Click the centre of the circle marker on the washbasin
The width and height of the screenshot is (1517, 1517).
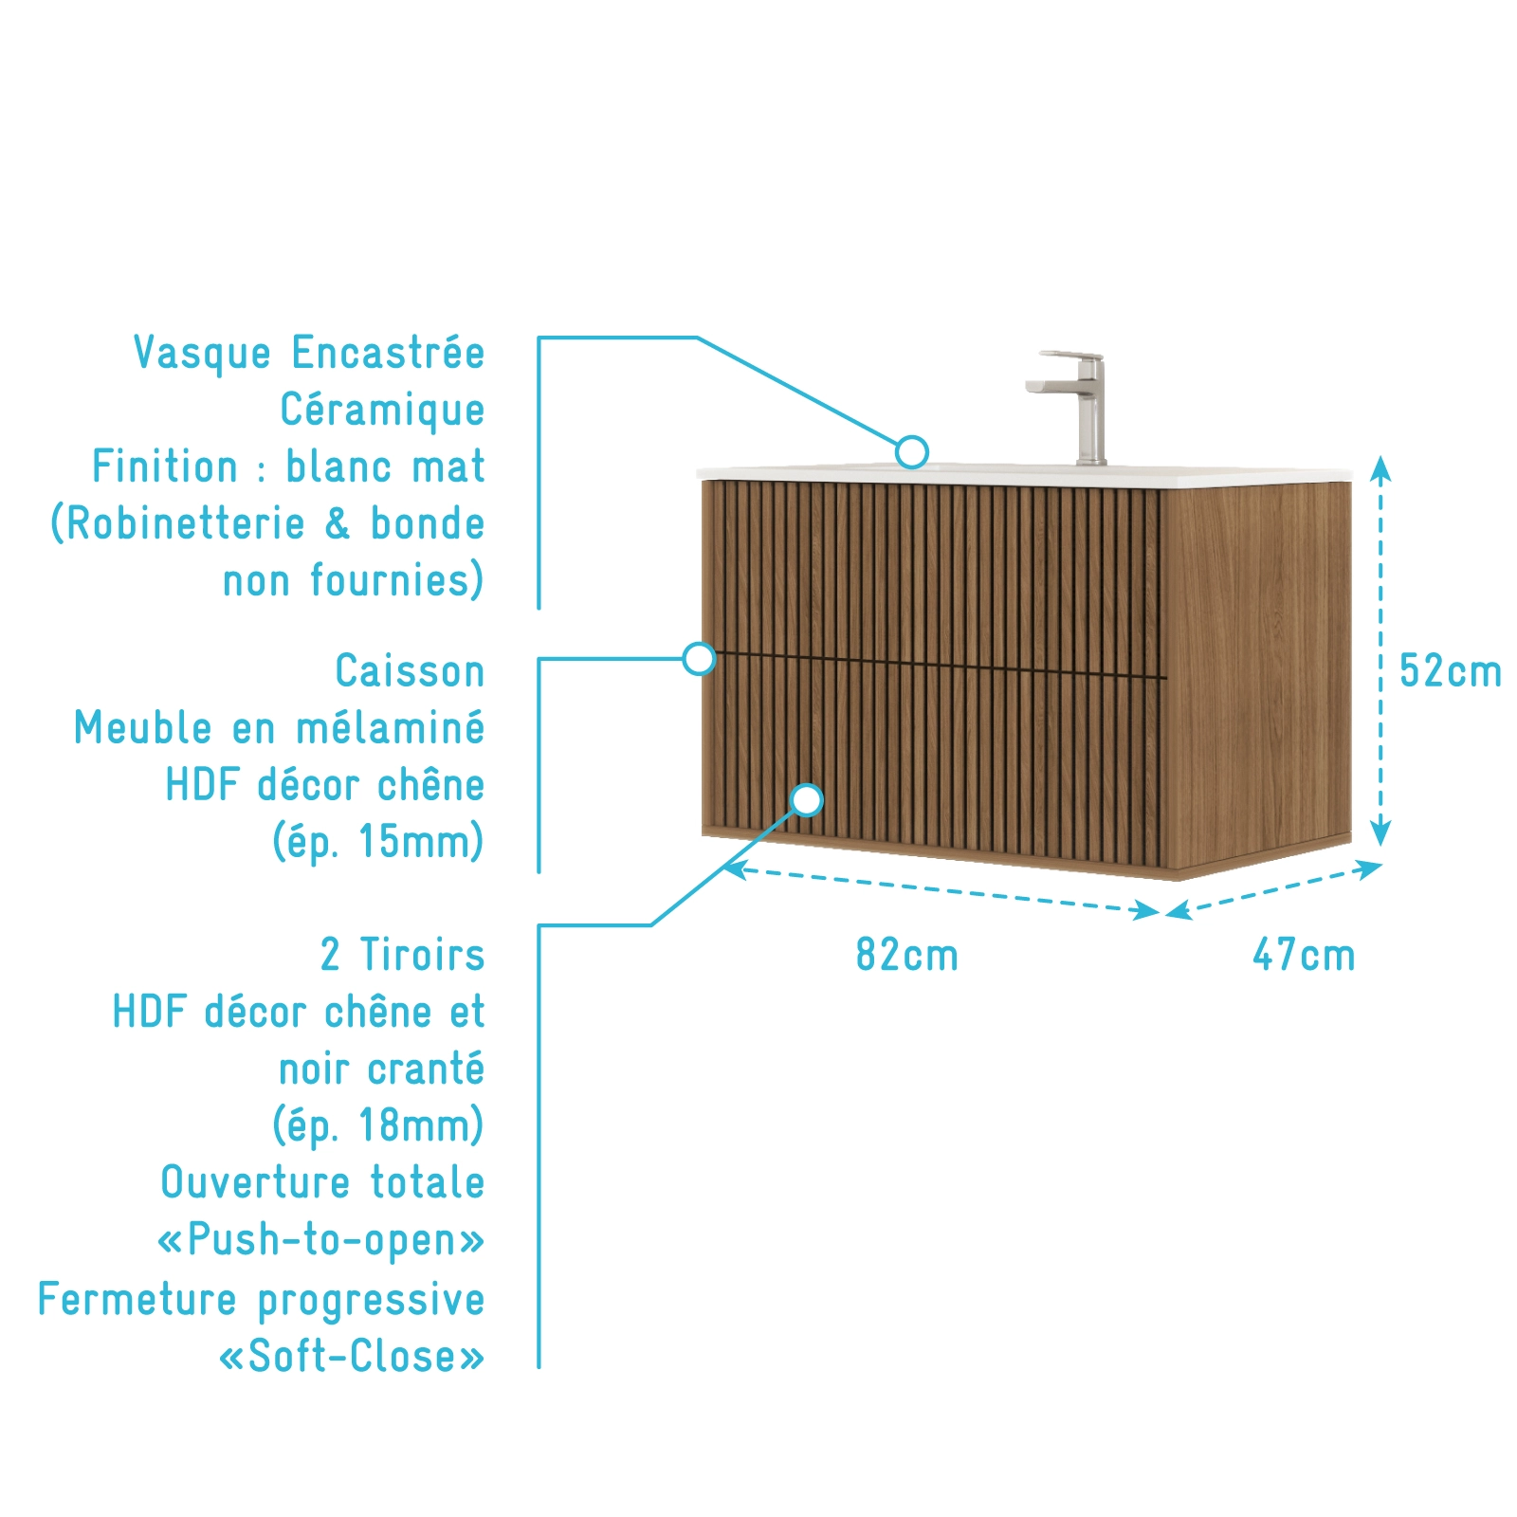click(912, 452)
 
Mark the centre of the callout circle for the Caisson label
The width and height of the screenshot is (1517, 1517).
click(699, 658)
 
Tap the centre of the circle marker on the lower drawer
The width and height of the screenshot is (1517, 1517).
click(807, 800)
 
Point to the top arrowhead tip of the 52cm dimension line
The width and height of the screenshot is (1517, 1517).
click(1381, 456)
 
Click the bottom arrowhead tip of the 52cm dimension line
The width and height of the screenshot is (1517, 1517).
click(1381, 847)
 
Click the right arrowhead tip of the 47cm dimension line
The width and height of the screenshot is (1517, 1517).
click(1383, 864)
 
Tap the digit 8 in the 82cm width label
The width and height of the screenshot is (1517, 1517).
click(867, 955)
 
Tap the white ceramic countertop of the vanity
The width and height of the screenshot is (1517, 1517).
click(1024, 474)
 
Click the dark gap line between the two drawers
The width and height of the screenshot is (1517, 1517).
click(935, 665)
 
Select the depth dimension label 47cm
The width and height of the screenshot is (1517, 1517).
click(1305, 955)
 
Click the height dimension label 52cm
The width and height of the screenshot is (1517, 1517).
click(1451, 671)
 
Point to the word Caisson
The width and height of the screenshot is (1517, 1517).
click(410, 671)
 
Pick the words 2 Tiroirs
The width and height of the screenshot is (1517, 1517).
click(402, 955)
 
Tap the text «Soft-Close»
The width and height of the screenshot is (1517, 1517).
click(352, 1356)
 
